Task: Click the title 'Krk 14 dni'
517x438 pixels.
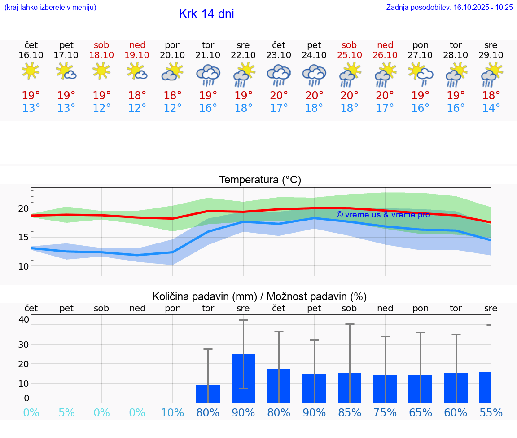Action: [x=206, y=14]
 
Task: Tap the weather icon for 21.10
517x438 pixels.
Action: [x=208, y=75]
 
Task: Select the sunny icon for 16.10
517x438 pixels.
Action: [x=31, y=71]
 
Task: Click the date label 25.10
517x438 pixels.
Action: [x=349, y=55]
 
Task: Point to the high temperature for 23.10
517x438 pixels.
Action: [x=278, y=95]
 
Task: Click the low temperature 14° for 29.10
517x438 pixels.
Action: [x=491, y=108]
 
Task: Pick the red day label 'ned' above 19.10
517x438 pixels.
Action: [x=137, y=45]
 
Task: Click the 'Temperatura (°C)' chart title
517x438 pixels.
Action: [x=260, y=180]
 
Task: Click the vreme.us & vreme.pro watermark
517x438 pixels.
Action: [x=383, y=215]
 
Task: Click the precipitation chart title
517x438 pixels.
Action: [x=259, y=296]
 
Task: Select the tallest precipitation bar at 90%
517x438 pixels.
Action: [x=243, y=378]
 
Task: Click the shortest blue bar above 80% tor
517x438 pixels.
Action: [x=208, y=394]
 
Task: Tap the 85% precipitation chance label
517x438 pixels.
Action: [x=349, y=413]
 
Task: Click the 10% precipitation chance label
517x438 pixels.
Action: [x=172, y=413]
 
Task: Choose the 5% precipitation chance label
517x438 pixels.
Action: [x=66, y=413]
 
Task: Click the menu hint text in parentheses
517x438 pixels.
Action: [x=50, y=7]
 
